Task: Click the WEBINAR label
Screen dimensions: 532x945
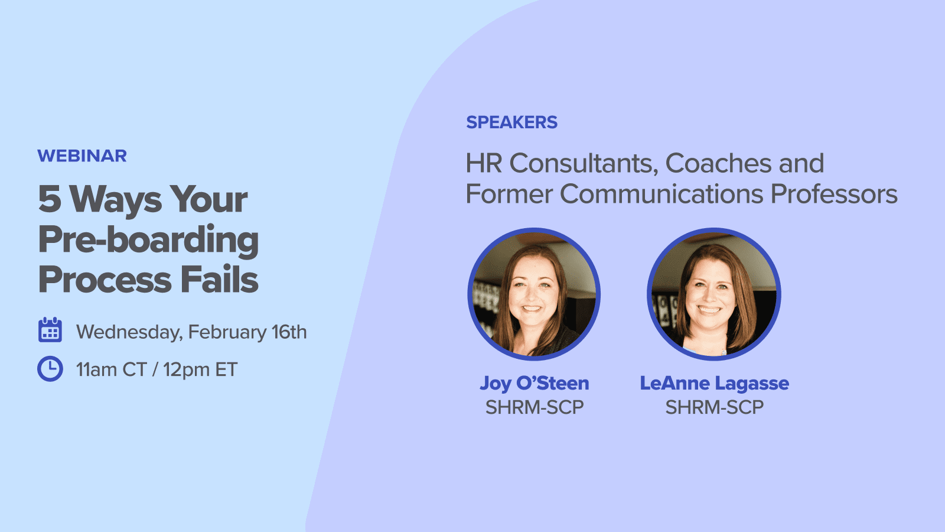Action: pos(82,156)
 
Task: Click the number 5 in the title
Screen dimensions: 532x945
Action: pos(50,199)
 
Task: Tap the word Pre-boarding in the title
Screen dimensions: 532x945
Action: pos(148,240)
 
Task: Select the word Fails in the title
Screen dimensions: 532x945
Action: pos(219,280)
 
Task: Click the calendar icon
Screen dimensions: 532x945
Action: pos(50,330)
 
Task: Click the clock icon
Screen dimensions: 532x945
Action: pos(50,369)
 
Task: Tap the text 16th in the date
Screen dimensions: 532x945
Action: pos(289,332)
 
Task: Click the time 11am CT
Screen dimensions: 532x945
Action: pos(111,369)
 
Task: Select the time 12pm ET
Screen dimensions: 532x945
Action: pos(200,369)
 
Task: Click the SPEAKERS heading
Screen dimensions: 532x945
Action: pos(511,122)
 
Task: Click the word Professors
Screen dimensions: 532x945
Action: pos(834,194)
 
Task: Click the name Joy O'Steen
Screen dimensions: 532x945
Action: pos(534,384)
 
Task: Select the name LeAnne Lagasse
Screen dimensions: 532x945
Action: pos(714,384)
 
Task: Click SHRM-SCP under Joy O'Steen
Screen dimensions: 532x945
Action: pos(534,407)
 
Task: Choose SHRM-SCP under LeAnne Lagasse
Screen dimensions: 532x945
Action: pos(714,407)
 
